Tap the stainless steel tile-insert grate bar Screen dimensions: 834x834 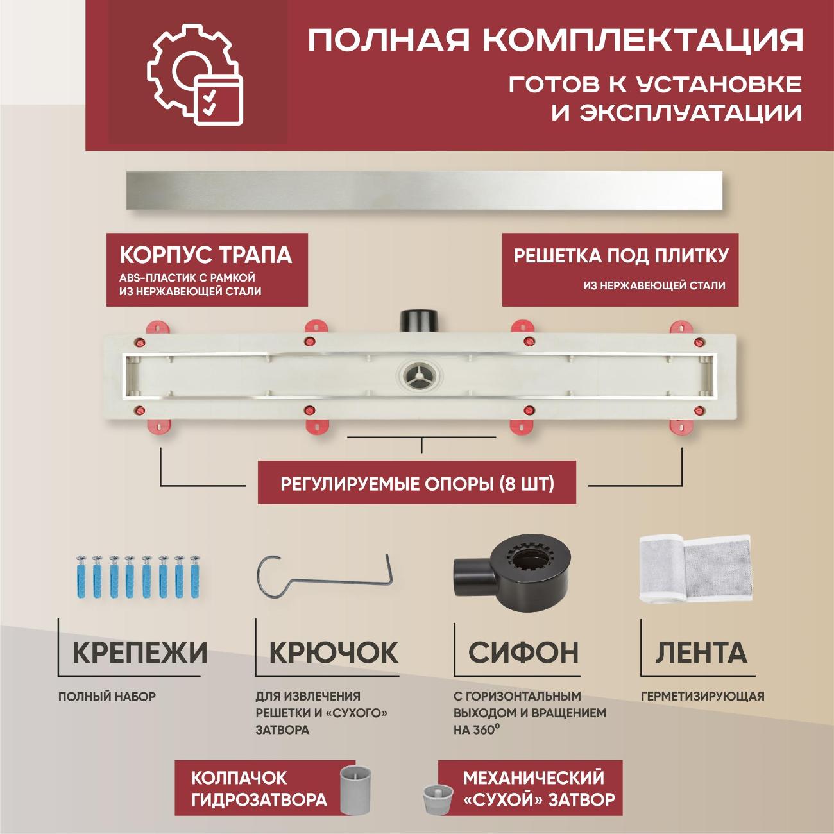coord(425,191)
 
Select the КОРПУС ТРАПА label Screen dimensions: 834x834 coord(205,255)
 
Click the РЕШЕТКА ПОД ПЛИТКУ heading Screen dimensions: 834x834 coord(620,256)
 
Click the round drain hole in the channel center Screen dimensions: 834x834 coord(416,375)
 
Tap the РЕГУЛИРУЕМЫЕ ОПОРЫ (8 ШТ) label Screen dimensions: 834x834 coord(417,483)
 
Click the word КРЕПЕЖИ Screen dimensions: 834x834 coord(140,652)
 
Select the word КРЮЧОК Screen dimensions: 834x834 coord(334,652)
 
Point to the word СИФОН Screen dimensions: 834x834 coord(523,652)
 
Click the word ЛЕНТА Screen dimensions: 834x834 coord(701,652)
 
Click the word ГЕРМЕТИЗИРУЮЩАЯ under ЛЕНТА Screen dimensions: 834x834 coord(702,696)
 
